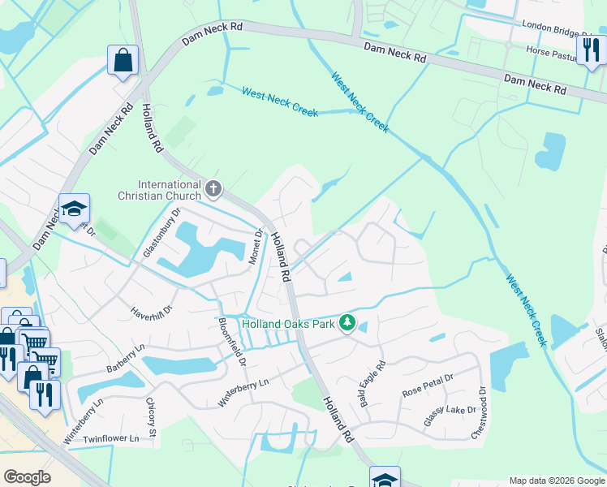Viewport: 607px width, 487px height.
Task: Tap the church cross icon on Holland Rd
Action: tap(213, 189)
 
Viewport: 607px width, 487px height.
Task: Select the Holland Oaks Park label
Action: tap(288, 324)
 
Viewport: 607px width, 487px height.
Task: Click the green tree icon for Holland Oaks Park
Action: tap(347, 324)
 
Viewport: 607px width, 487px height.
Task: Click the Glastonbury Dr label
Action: tap(161, 239)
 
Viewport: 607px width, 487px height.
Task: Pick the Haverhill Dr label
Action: tap(152, 309)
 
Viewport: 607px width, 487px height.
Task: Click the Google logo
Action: tap(27, 477)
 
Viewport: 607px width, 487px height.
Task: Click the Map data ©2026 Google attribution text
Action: tap(557, 481)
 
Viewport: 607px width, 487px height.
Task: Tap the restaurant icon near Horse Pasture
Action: tap(590, 50)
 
